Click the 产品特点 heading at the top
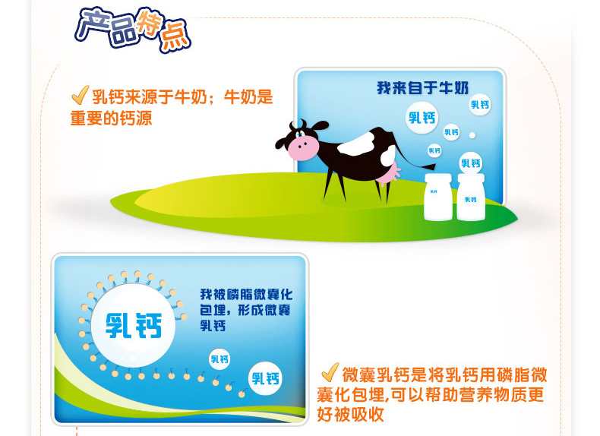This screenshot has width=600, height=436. [x=133, y=30]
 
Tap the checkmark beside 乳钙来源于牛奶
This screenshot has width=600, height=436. [x=80, y=95]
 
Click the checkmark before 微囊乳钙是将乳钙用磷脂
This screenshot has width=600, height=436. [x=330, y=372]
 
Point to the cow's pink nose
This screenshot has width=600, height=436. [x=303, y=147]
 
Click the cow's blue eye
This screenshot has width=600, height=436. [x=299, y=133]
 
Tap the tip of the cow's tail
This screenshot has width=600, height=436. [x=432, y=166]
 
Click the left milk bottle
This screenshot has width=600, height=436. [x=438, y=197]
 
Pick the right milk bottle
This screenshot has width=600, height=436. [x=471, y=197]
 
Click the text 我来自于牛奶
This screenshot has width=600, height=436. [x=422, y=87]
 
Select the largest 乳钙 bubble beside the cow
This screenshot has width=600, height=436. [x=422, y=118]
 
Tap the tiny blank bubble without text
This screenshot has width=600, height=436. [x=472, y=135]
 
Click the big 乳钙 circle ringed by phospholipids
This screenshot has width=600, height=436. [x=133, y=325]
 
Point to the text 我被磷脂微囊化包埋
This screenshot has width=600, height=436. [x=245, y=302]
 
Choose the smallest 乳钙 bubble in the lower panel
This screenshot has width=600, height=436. [x=219, y=359]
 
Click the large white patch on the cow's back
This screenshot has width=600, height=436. [x=358, y=144]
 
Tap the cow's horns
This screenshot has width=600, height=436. [x=296, y=125]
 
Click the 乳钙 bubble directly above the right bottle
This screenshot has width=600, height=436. [x=471, y=163]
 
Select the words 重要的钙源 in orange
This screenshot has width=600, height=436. [x=111, y=118]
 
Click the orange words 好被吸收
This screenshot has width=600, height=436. [x=350, y=414]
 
